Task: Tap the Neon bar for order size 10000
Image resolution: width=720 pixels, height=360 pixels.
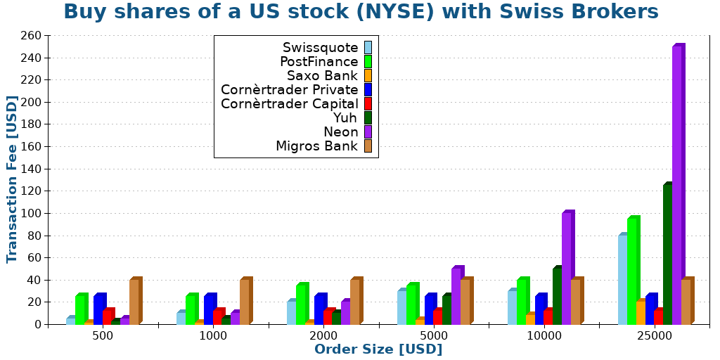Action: [x=567, y=268]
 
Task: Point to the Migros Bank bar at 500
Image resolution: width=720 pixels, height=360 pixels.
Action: [x=134, y=302]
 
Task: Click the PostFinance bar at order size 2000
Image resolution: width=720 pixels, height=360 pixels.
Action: [x=301, y=304]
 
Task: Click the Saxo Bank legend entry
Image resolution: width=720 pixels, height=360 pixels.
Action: [x=323, y=75]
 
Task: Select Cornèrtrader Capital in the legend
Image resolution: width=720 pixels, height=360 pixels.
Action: [x=290, y=103]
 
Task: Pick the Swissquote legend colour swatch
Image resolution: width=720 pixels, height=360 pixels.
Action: [x=368, y=47]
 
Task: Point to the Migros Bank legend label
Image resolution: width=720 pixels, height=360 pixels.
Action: [x=317, y=146]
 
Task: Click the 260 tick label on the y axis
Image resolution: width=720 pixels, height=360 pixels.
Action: [x=31, y=35]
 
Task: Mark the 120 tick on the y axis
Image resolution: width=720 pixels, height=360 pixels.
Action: [x=31, y=191]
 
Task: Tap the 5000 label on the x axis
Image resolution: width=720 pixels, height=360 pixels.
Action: [x=434, y=336]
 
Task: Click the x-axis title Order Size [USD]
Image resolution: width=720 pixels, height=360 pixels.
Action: [x=378, y=349]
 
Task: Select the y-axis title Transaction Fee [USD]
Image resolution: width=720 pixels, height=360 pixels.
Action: [x=12, y=179]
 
